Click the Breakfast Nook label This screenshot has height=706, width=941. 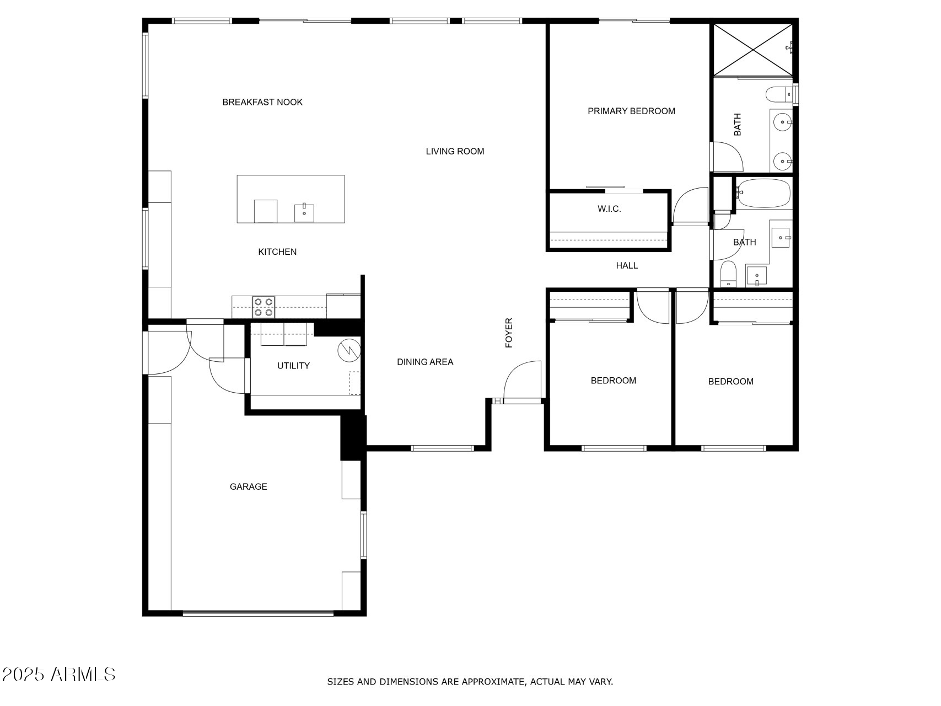coord(262,102)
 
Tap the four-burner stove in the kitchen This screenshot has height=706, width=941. coord(264,307)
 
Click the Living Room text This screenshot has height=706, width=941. coord(455,151)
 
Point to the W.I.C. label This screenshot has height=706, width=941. coord(609,209)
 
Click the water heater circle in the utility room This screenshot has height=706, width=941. coord(348,350)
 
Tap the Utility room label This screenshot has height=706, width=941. coord(293,366)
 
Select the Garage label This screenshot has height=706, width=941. coord(248,486)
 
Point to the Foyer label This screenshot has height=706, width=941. coord(509,333)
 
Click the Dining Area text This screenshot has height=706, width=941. coord(425,362)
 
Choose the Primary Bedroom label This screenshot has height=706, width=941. coord(631,111)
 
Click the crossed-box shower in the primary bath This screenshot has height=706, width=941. coord(753,49)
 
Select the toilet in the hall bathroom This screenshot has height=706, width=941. coord(728,274)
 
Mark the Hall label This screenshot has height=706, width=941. coord(627,265)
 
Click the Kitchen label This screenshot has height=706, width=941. coord(277,252)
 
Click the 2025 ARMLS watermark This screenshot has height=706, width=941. coord(58,674)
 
